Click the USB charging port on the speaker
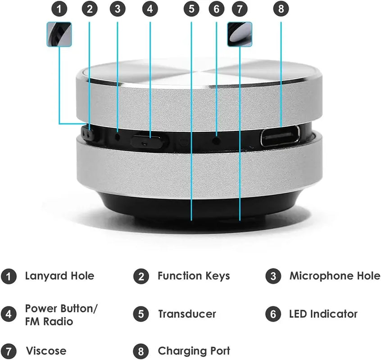(280, 135)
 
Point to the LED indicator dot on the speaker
(217, 140)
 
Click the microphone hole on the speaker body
(118, 135)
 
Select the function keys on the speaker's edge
(89, 134)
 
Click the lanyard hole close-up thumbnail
(59, 34)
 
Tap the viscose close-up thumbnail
(240, 34)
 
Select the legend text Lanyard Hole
(59, 276)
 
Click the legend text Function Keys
(194, 276)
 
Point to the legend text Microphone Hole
(335, 276)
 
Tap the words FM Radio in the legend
(49, 321)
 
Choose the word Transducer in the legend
(187, 314)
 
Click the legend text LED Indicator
(323, 314)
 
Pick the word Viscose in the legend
(46, 351)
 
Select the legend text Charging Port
(194, 351)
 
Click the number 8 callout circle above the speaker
(281, 9)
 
